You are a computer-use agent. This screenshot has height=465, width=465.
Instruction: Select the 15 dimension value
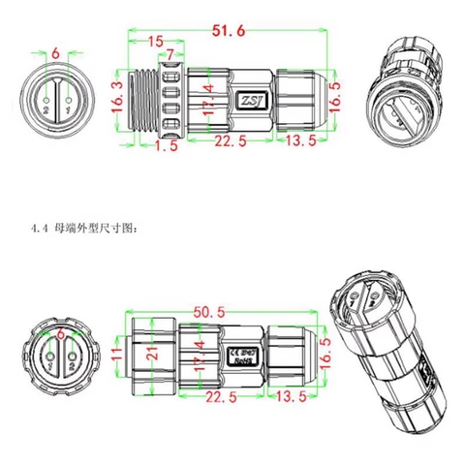point(155,42)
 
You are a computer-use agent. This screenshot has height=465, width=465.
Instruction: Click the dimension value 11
point(116,356)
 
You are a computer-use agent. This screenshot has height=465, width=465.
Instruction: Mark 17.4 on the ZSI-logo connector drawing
point(209,100)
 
